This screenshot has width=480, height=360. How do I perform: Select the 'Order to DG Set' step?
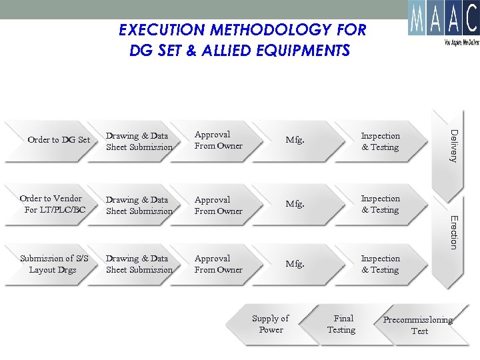tap(59, 140)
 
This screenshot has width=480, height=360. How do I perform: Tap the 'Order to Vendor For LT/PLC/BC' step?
tap(53, 204)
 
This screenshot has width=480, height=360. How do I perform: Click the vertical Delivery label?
tap(453, 145)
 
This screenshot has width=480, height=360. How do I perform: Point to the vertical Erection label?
tap(453, 232)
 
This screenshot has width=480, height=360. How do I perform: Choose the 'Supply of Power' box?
tap(271, 324)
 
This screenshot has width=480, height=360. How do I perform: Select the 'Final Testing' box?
tap(342, 324)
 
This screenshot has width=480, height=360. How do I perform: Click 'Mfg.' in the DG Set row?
tap(295, 140)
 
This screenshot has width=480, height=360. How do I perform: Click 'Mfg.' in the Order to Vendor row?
tap(295, 204)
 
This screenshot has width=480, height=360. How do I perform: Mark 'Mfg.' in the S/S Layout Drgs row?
tap(295, 264)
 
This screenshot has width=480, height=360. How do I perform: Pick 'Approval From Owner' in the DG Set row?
tap(218, 140)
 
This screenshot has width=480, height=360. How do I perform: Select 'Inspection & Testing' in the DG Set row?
tap(380, 141)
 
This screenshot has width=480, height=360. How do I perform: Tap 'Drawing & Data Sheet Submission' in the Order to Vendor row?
tap(139, 205)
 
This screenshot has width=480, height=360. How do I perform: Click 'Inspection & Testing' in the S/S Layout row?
tap(380, 264)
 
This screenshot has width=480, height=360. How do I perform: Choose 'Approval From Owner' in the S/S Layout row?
tap(218, 264)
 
